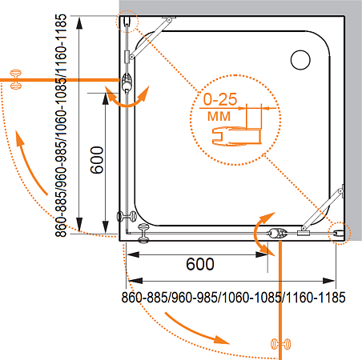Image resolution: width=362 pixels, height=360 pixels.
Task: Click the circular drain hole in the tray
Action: coord(300,60)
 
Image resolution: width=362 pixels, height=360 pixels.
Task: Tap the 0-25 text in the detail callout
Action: coord(220,99)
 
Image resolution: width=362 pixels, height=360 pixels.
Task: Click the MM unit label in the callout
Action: coord(219,116)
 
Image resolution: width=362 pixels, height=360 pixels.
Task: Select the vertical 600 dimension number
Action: coord(97,160)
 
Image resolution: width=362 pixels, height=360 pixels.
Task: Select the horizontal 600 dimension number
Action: coord(200,264)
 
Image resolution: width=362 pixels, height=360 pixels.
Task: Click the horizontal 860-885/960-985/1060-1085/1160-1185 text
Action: coord(233,298)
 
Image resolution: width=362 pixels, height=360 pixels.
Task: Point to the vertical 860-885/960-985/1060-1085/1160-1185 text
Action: coord(61,126)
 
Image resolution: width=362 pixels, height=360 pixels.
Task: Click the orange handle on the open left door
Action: coord(15,79)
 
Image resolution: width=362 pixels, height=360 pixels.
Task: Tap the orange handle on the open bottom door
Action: coord(281,344)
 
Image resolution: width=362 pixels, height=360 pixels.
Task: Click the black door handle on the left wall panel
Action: coord(127,216)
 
